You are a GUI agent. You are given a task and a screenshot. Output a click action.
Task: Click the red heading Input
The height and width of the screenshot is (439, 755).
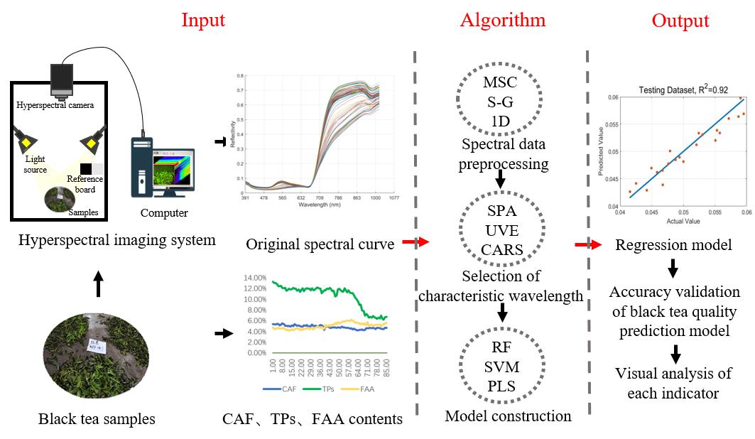203,20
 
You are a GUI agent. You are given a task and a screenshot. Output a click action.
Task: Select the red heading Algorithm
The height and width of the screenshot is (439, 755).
503,20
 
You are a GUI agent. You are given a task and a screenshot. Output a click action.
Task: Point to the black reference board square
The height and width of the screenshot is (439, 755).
86,169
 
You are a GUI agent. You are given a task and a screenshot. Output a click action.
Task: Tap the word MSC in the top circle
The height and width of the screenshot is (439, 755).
500,83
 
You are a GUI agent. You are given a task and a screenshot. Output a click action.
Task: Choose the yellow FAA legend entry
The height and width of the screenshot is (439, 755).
367,389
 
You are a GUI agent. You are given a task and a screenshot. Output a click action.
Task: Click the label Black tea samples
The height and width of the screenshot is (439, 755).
97,419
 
